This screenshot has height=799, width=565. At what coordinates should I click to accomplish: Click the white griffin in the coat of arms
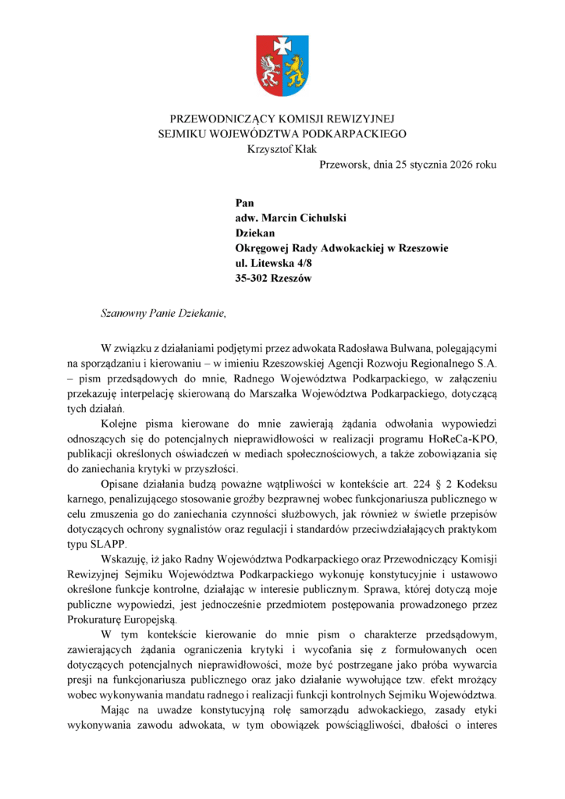(x=270, y=70)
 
